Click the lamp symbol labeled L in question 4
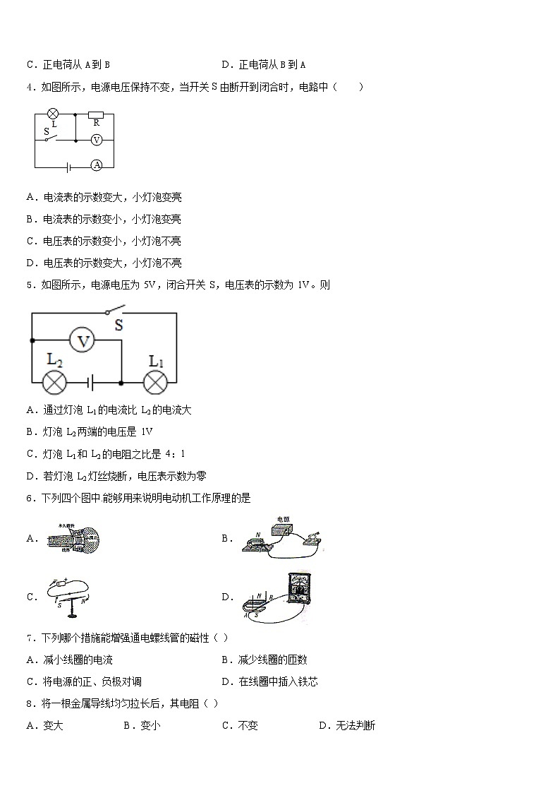[x=51, y=113]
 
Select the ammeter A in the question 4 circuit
[x=97, y=165]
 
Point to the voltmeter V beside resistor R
[x=97, y=140]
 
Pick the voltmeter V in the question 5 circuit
[x=84, y=341]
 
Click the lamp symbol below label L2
[x=54, y=383]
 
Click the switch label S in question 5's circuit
[x=118, y=326]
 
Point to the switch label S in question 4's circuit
[x=47, y=131]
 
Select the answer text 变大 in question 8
[x=54, y=725]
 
